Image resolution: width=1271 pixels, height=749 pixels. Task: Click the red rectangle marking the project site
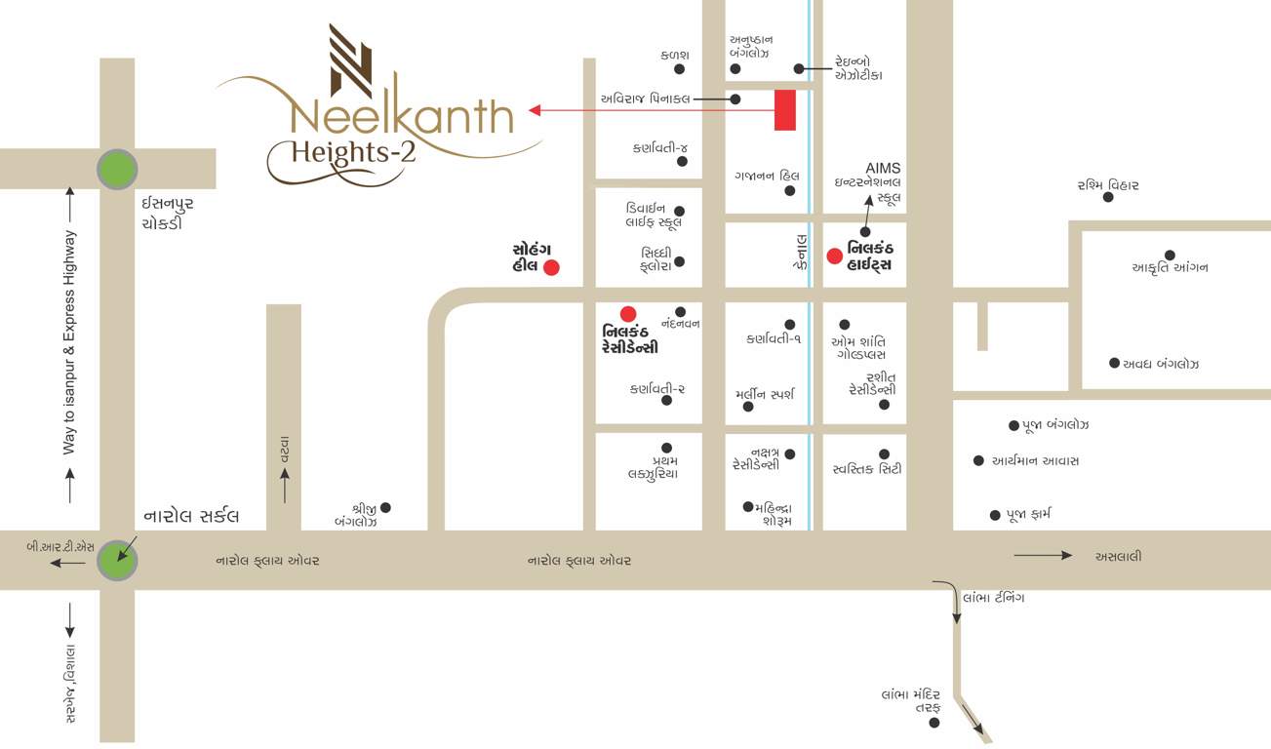pyautogui.click(x=785, y=110)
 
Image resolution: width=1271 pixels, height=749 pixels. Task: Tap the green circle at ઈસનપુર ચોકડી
pyautogui.click(x=118, y=170)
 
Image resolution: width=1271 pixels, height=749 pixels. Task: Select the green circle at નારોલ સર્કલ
pyautogui.click(x=118, y=560)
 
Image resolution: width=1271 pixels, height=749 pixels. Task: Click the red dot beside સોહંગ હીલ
pyautogui.click(x=551, y=267)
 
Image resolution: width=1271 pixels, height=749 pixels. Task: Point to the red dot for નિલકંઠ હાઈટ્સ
pyautogui.click(x=834, y=256)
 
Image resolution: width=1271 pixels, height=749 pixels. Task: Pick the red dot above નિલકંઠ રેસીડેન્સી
pyautogui.click(x=628, y=313)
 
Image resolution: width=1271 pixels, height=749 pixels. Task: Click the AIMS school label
pyautogui.click(x=883, y=169)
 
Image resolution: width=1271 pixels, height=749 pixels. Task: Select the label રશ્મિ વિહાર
pyautogui.click(x=1108, y=184)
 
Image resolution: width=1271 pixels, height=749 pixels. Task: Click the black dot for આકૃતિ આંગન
pyautogui.click(x=1170, y=256)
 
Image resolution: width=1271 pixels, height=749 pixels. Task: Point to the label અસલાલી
pyautogui.click(x=1118, y=557)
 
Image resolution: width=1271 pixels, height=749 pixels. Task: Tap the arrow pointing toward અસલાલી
pyautogui.click(x=1043, y=556)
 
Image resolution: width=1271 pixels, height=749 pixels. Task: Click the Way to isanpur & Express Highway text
pyautogui.click(x=69, y=342)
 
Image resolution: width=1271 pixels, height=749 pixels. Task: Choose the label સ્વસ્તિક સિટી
pyautogui.click(x=866, y=469)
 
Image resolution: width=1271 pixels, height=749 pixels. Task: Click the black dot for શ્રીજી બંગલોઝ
pyautogui.click(x=385, y=507)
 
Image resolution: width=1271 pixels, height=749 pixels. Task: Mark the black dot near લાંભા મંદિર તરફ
pyautogui.click(x=934, y=723)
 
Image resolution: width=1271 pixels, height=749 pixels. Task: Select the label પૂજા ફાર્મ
pyautogui.click(x=1028, y=514)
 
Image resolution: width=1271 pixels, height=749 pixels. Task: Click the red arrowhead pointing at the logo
pyautogui.click(x=535, y=110)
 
